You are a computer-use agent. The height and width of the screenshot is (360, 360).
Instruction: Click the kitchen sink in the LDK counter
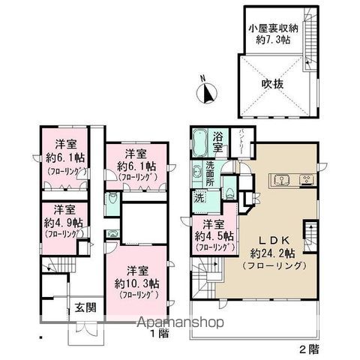point(283,179)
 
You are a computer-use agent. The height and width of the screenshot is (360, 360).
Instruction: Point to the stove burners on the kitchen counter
point(307,179)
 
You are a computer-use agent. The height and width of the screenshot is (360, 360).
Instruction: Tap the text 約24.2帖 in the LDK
point(267,252)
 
